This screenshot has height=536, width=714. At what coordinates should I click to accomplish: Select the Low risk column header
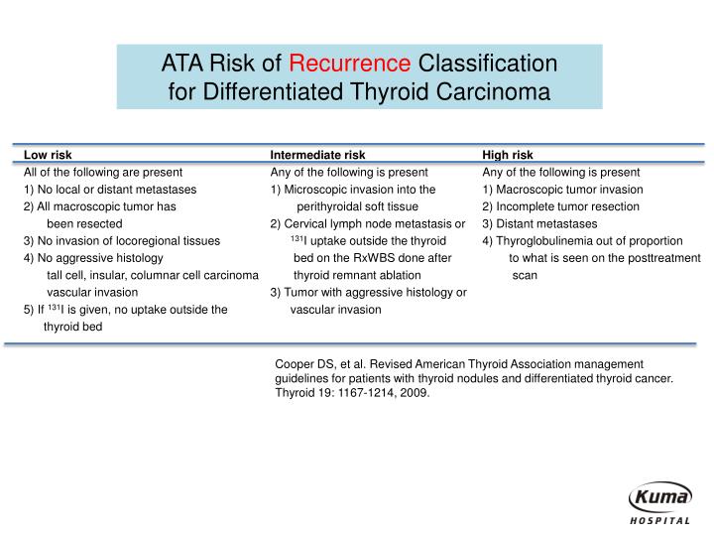pos(48,155)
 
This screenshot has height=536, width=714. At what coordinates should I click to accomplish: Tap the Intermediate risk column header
pos(317,155)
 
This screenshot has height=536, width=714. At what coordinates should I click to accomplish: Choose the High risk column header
pos(508,155)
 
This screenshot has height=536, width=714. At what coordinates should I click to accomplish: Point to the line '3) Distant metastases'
pos(539,223)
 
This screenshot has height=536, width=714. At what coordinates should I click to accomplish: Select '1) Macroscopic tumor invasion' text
pos(562,190)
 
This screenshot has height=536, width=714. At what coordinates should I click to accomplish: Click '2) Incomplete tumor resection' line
pos(560,206)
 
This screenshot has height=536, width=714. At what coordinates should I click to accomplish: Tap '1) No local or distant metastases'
pos(109,190)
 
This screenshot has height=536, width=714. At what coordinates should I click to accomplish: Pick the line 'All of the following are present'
pos(103,172)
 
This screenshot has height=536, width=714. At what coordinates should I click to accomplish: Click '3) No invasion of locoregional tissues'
pos(121,240)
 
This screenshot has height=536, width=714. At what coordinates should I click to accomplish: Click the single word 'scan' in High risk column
pos(525,275)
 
